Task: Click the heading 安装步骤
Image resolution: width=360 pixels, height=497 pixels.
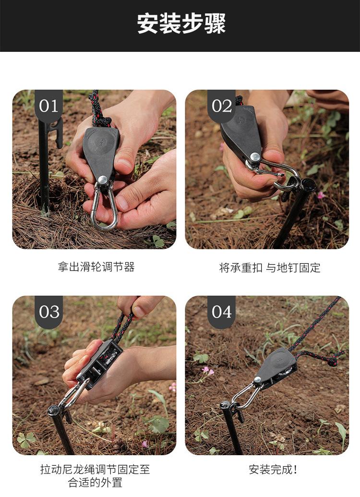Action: (181, 24)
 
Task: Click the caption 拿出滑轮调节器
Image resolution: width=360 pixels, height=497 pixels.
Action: (96, 267)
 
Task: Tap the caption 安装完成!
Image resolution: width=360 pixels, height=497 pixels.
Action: (273, 470)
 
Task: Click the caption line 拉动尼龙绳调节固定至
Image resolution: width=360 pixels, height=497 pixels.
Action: (95, 469)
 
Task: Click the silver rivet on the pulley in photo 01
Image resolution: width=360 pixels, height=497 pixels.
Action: (102, 180)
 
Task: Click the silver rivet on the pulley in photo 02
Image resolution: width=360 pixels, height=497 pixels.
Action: (255, 157)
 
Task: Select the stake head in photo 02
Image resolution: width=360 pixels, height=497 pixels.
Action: (307, 184)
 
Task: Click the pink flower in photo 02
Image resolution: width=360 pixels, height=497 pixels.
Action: (321, 194)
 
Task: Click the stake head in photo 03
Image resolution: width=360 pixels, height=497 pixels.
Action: (53, 411)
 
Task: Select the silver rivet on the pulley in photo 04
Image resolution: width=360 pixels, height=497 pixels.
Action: (258, 379)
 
